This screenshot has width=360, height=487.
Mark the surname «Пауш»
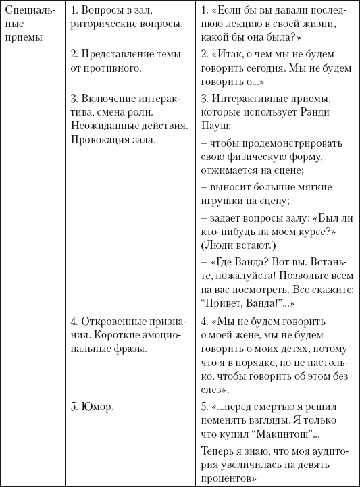(x=214, y=126)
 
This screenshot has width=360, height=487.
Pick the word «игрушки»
(x=222, y=201)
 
